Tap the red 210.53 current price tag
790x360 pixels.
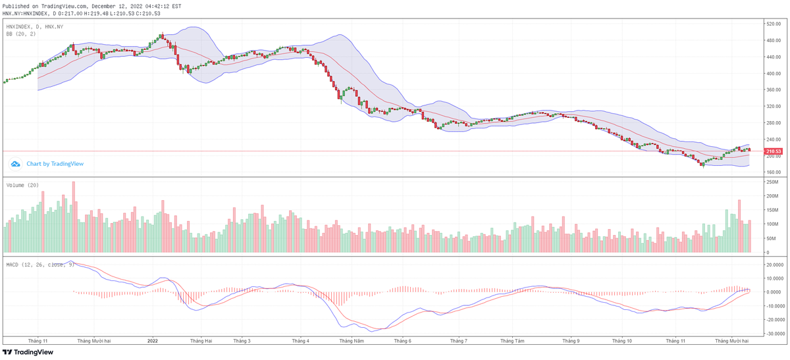773,151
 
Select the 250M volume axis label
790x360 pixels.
772,182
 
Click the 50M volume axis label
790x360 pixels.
770,238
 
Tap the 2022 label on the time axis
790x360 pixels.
153,341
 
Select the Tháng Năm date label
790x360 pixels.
352,341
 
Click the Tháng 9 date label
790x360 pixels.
571,341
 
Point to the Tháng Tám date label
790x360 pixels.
512,341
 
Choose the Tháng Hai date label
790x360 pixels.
201,341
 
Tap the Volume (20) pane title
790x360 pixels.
22,185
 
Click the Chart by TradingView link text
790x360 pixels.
55,164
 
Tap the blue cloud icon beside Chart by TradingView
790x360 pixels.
16,164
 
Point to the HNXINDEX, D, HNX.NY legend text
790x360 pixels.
35,26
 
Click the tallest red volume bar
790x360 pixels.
74,217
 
